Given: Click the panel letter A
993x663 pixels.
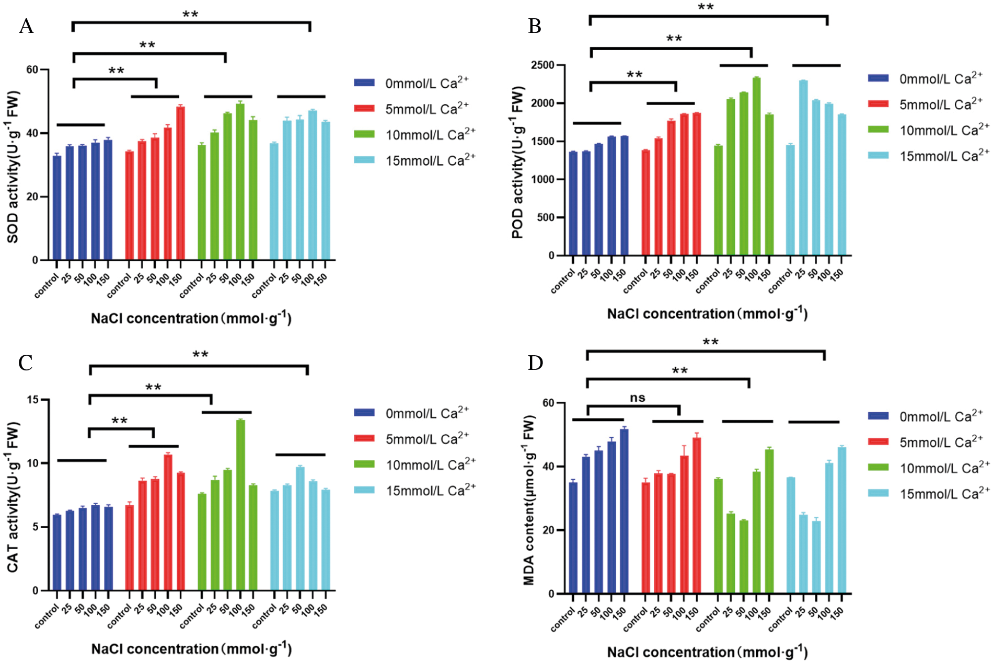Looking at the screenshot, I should coord(26,26).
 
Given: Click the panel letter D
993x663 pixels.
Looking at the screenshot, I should coord(536,363).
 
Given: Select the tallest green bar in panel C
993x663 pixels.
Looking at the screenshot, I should coord(240,505).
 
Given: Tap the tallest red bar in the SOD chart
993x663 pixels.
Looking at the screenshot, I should coord(180,183).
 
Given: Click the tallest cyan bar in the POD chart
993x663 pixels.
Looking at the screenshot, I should coord(803,168).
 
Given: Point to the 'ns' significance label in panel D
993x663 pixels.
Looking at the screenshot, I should coord(637,398).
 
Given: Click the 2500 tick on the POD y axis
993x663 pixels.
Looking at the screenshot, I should coord(542,65).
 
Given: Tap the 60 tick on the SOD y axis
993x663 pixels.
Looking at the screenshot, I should coord(32,70).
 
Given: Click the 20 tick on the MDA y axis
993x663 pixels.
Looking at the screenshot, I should coord(548,530).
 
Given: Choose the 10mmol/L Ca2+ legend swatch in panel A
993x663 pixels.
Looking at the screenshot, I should coord(364,134).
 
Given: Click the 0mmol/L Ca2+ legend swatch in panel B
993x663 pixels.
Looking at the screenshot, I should coord(878,78).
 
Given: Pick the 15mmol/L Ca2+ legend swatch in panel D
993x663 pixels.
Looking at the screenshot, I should coord(878,493).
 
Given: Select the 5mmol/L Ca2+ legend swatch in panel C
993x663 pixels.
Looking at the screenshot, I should coord(364,438).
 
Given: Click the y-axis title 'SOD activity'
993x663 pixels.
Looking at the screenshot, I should coord(13,167).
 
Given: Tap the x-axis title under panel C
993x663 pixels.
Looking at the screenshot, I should coord(191,649).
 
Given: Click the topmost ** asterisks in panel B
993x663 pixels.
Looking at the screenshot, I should coord(706,7).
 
